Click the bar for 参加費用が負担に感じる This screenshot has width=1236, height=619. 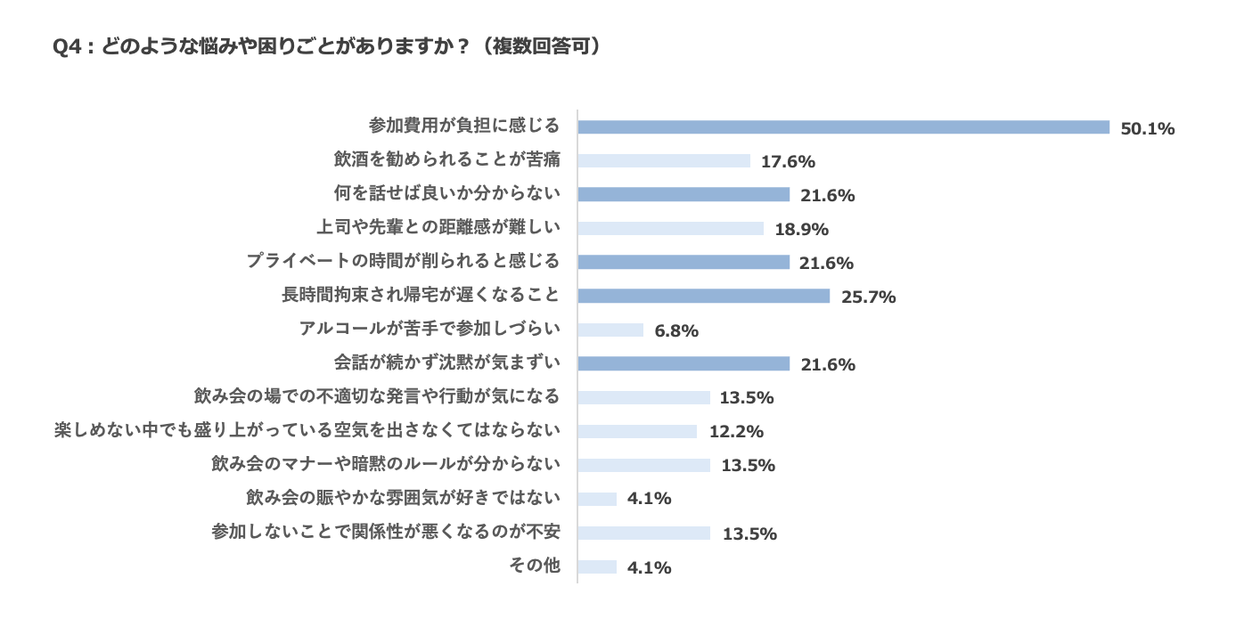pyautogui.click(x=843, y=127)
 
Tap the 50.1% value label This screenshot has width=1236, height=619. pyautogui.click(x=1148, y=128)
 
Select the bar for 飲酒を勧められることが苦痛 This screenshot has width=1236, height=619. pyautogui.click(x=664, y=161)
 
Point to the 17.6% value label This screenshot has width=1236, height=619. pyautogui.click(x=789, y=162)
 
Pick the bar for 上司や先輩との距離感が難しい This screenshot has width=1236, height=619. pyautogui.click(x=670, y=229)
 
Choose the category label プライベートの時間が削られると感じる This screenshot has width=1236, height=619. pyautogui.click(x=403, y=262)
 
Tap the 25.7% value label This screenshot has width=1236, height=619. pyautogui.click(x=868, y=297)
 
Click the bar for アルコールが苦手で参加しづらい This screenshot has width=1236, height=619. pyautogui.click(x=610, y=330)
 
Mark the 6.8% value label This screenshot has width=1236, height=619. pyautogui.click(x=676, y=331)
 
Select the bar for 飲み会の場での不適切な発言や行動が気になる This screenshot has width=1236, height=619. pyautogui.click(x=643, y=398)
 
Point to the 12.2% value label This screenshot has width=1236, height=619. pyautogui.click(x=737, y=433)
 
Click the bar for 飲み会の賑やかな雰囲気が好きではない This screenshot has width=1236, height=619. pyautogui.click(x=597, y=500)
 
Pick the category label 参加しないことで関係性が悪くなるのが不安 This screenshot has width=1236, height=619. pyautogui.click(x=386, y=533)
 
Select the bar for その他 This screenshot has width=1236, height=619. pyautogui.click(x=597, y=567)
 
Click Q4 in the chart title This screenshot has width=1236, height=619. pyautogui.click(x=69, y=47)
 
